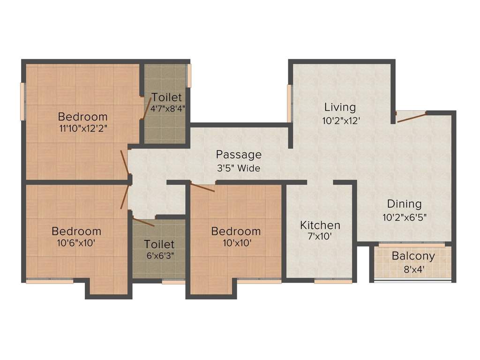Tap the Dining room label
tap(404, 204)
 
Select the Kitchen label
tap(320, 225)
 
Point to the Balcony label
tap(413, 256)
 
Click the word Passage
tap(239, 155)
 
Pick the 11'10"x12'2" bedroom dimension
tap(83, 129)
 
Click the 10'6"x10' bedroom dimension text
tap(76, 243)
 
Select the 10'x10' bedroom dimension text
tap(236, 243)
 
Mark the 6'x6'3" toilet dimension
tap(159, 256)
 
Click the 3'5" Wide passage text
tap(238, 168)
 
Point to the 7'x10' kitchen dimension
tap(320, 237)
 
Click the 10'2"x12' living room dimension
tap(341, 120)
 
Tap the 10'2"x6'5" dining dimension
tap(404, 217)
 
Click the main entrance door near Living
tap(412, 117)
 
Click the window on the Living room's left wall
tap(290, 103)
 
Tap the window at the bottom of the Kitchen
tap(333, 282)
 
